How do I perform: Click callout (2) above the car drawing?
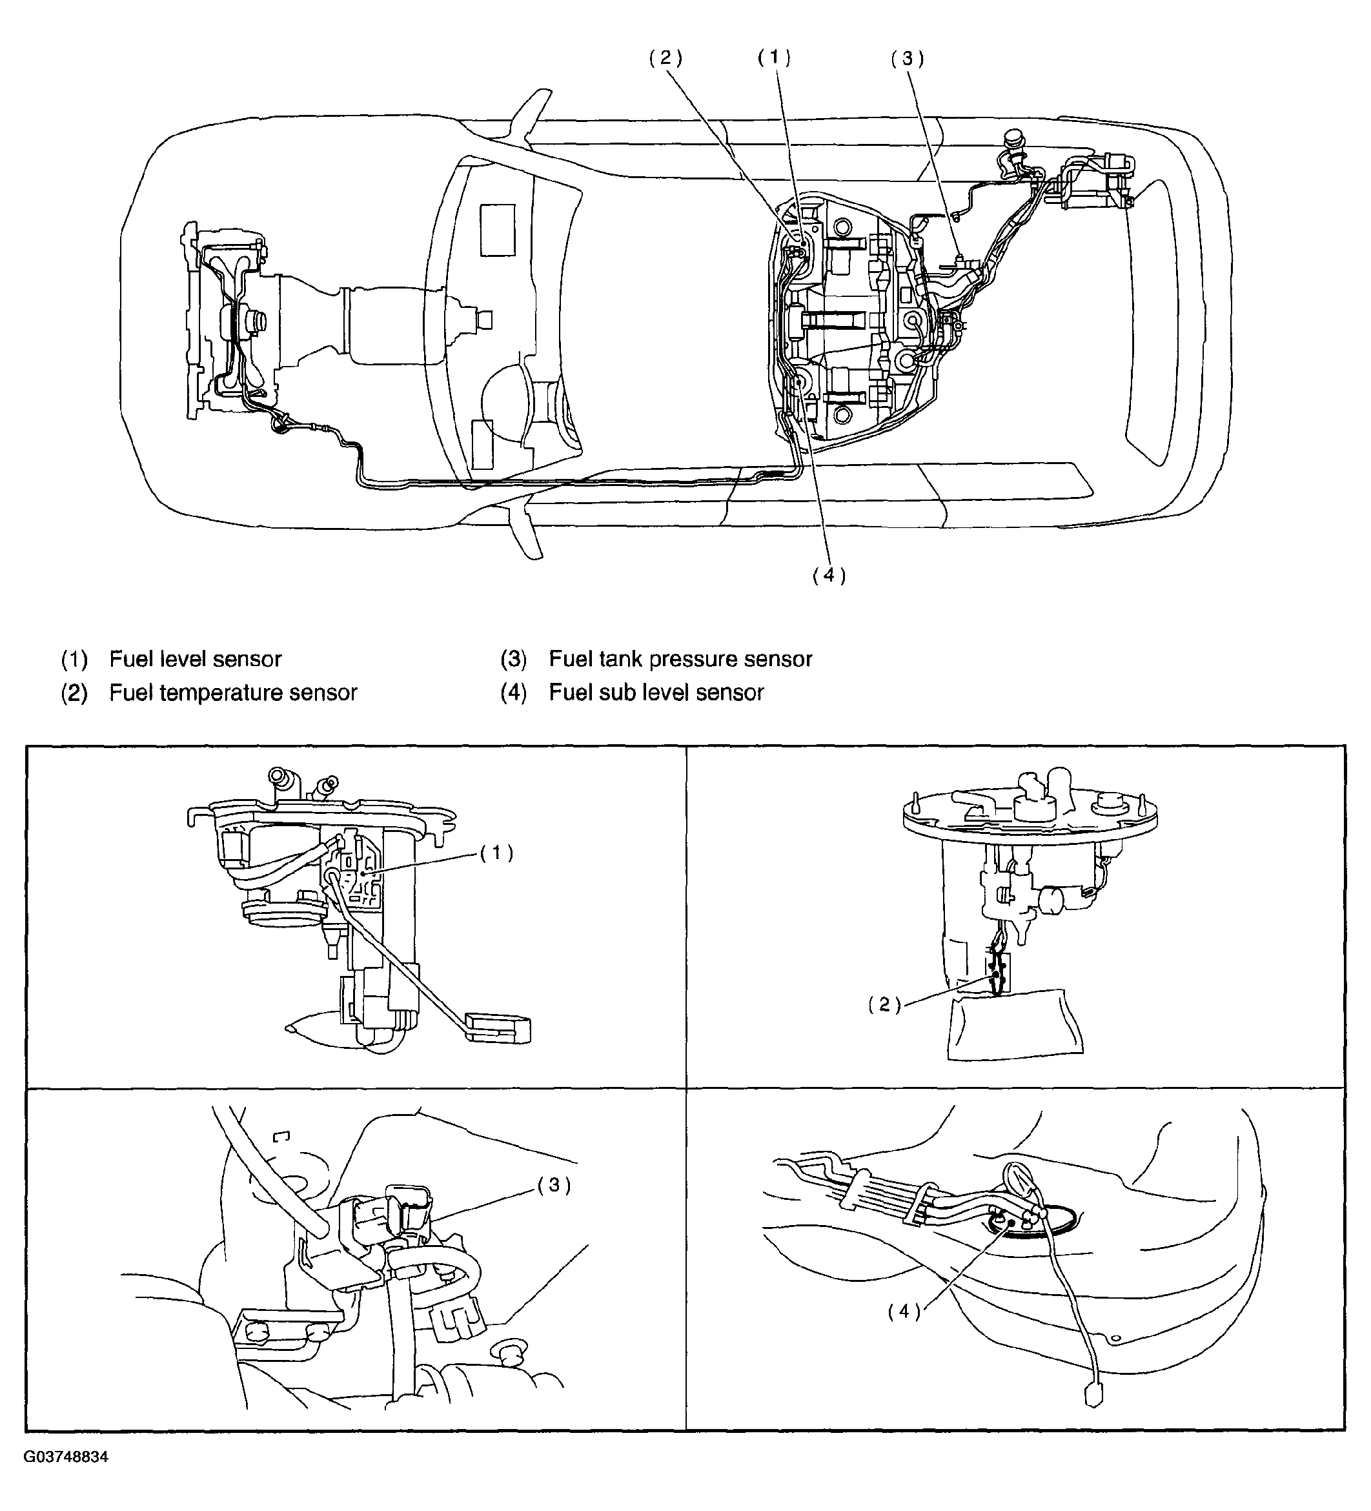coord(665,59)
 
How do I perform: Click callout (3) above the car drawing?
coord(907,59)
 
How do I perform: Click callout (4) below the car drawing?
coord(829,575)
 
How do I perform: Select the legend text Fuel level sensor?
coord(195,659)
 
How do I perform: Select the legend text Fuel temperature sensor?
coord(233,692)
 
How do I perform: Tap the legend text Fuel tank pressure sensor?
coord(680,659)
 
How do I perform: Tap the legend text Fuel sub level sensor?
coord(656,692)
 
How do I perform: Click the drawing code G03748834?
coord(66,1478)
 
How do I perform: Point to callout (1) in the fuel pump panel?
coord(496,853)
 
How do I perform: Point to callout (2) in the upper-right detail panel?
coord(884,1005)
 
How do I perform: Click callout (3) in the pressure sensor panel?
coord(554,1185)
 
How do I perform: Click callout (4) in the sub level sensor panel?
coord(904,1311)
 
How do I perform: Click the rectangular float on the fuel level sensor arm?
coord(498,1028)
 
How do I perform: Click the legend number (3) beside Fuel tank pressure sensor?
coord(513,659)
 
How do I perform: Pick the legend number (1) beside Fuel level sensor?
coord(74,659)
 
